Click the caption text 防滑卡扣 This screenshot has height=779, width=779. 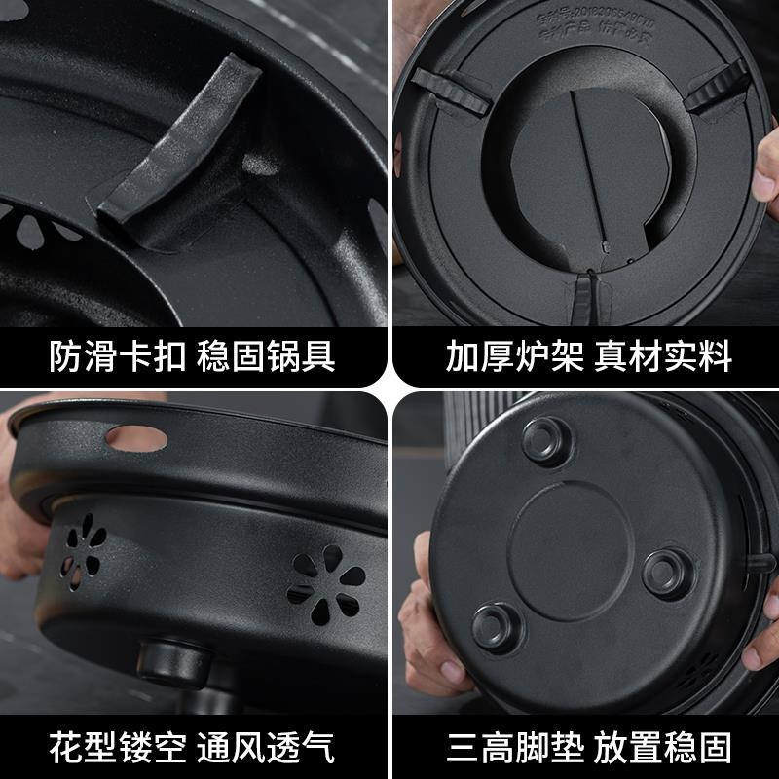click(114, 356)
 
